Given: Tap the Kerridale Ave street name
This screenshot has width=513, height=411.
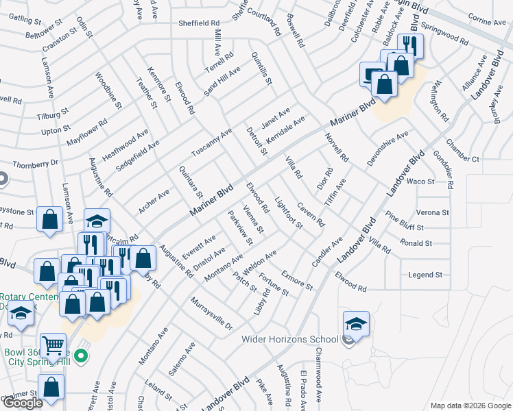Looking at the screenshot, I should click(285, 129).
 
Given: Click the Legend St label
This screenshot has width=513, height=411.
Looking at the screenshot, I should click(425, 275).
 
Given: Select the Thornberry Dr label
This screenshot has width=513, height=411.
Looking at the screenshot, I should click(36, 164).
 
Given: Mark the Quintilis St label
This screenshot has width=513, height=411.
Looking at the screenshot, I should click(262, 68).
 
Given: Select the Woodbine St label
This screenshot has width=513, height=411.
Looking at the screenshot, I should click(108, 90).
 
